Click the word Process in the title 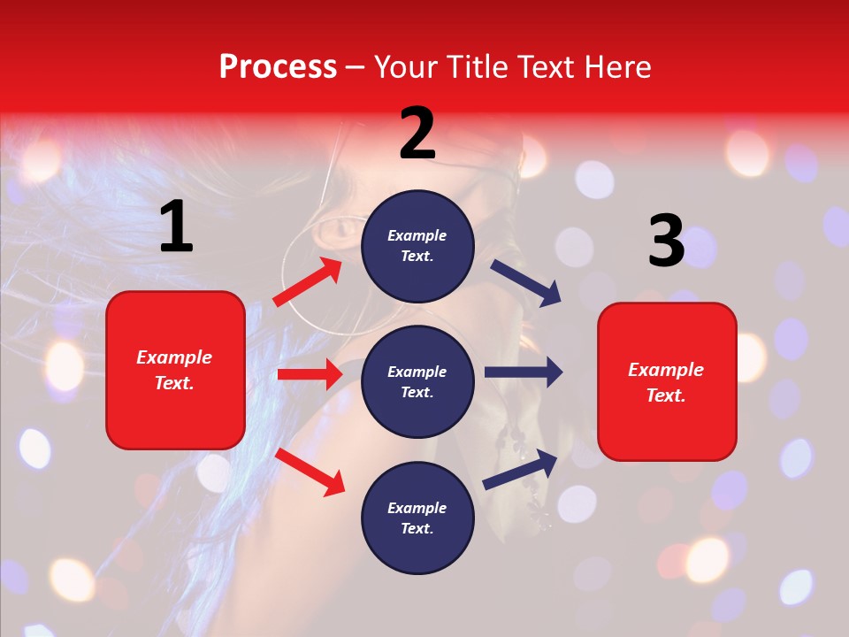pos(278,67)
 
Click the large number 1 pos(176,227)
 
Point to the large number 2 pos(417,134)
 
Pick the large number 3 pos(666,242)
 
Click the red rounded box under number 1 pos(175,370)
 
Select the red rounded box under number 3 pos(667,382)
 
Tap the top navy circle pos(417,246)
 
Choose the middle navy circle pos(417,381)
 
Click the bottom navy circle pos(417,518)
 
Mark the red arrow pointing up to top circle pos(308,282)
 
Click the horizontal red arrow pos(310,374)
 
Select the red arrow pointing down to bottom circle pos(310,472)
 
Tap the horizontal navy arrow pos(523,372)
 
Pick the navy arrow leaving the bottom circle pos(520,469)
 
